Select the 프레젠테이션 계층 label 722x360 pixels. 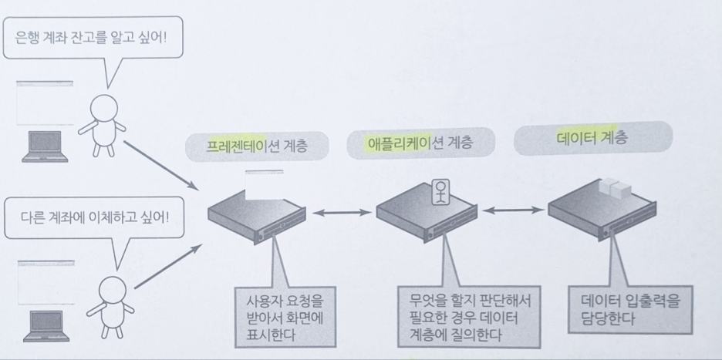click(x=257, y=146)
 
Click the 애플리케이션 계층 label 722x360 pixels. click(x=420, y=143)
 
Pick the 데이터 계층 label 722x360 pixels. click(x=592, y=139)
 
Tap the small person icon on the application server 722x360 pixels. click(x=440, y=191)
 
